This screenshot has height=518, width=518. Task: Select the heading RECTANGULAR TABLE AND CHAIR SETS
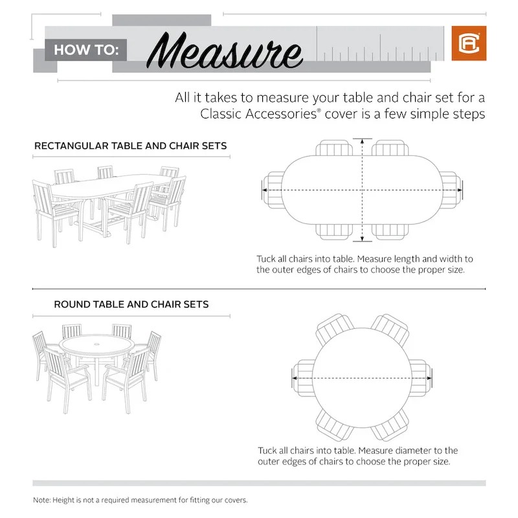point(130,146)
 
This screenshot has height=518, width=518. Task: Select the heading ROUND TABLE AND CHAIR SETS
point(131,304)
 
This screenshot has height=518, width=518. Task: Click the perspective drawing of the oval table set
point(109,202)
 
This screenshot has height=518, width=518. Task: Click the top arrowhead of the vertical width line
point(363,142)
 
